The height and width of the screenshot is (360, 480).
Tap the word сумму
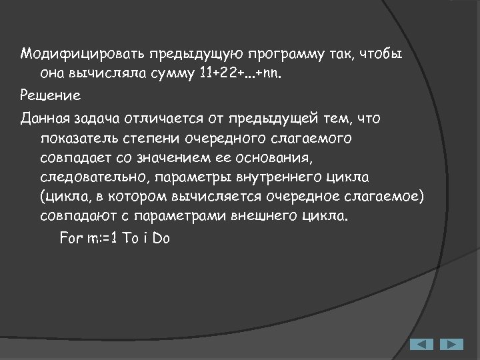click(169, 73)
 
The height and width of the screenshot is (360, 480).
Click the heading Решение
click(50, 95)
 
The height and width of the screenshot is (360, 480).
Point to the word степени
click(151, 139)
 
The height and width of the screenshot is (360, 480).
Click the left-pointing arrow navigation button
click(421, 344)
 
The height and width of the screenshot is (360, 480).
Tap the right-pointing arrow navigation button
click(451, 344)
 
